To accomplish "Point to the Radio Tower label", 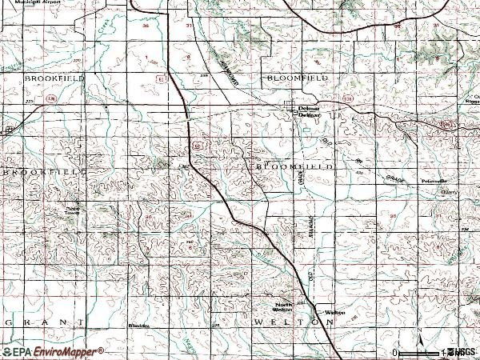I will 74,212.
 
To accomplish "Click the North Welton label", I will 284,309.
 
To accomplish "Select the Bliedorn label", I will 139,326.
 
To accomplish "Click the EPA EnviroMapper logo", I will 52,351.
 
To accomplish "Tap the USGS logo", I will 462,351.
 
